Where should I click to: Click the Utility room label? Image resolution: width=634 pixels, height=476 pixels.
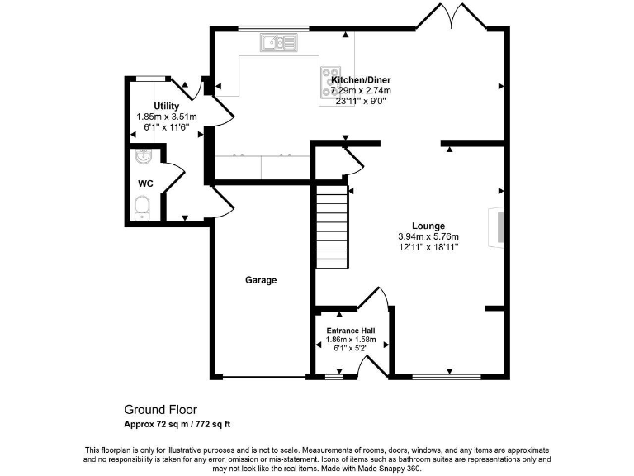tap(166, 107)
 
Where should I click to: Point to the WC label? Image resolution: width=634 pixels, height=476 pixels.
tap(145, 183)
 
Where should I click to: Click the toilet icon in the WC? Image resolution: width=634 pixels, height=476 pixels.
tap(142, 207)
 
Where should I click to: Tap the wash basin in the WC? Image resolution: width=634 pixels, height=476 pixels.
tap(141, 156)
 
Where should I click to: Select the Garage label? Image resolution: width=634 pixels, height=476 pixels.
tap(261, 280)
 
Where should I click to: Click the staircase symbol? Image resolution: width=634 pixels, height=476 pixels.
tap(332, 226)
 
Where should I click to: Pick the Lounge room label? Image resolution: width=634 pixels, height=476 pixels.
tap(428, 226)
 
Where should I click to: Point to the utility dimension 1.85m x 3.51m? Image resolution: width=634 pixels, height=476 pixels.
tap(166, 117)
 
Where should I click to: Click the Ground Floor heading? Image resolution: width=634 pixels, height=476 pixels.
tap(161, 409)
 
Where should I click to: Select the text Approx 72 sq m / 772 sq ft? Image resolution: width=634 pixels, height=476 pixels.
tap(177, 425)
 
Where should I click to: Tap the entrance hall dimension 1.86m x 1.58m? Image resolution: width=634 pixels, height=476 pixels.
tap(351, 339)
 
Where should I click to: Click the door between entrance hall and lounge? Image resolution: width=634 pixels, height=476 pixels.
tap(374, 297)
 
